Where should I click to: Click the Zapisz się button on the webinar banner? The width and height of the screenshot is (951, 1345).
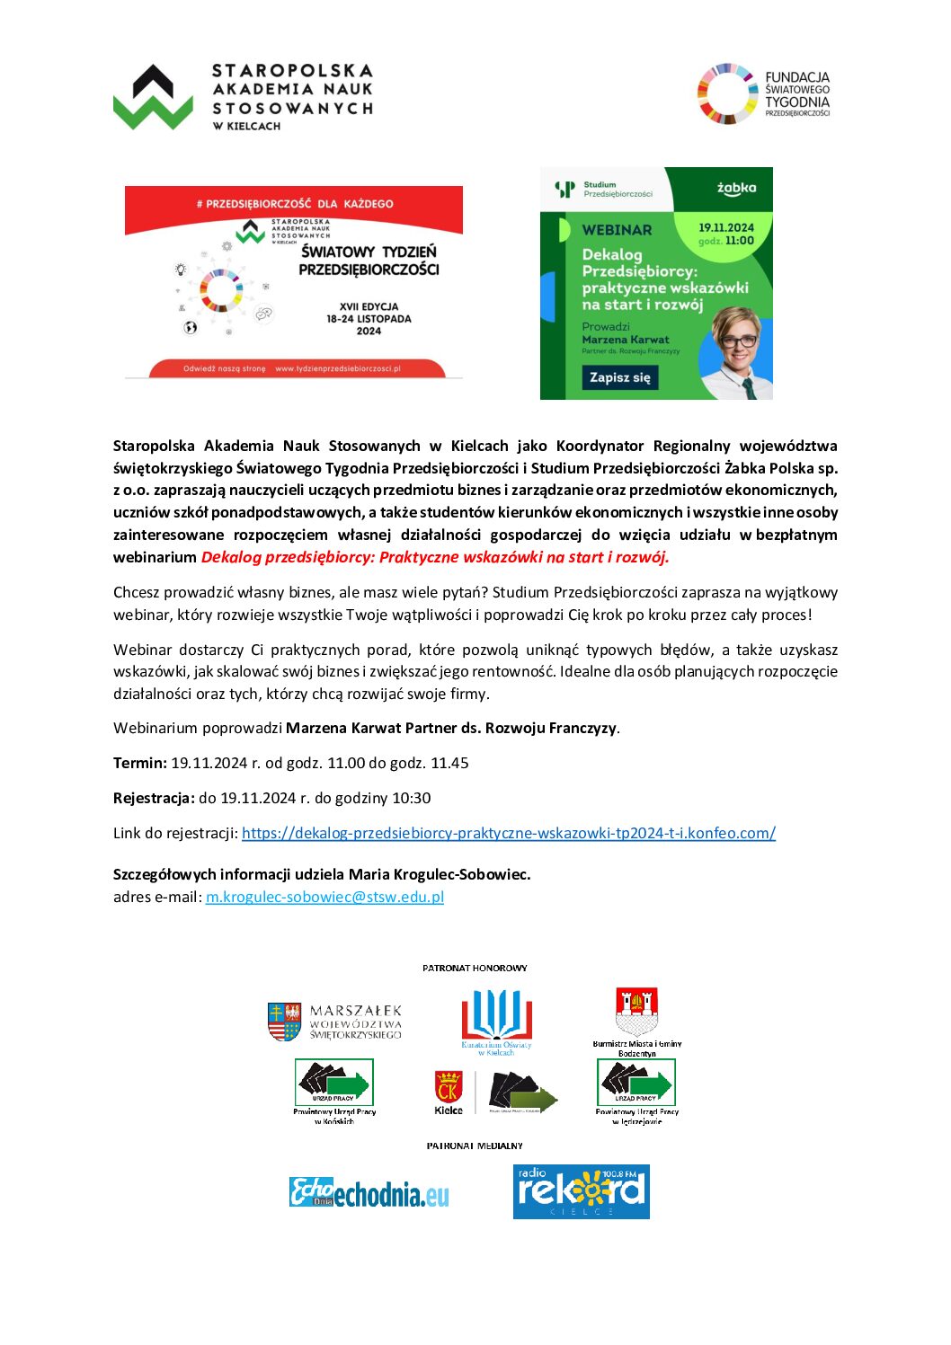[619, 377]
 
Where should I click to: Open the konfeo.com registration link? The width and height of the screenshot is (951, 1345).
[508, 833]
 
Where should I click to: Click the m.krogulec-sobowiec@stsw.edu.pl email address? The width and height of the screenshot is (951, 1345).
[324, 897]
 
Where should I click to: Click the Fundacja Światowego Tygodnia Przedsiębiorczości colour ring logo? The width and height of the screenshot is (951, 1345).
[728, 93]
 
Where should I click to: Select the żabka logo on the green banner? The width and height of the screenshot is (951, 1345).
[735, 188]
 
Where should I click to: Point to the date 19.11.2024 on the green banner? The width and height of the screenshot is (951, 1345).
[725, 227]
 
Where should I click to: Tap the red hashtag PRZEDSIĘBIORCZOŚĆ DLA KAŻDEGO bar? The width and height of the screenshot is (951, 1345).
[294, 203]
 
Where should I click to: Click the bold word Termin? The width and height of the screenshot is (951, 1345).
[140, 763]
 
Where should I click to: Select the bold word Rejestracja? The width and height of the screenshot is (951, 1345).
[154, 798]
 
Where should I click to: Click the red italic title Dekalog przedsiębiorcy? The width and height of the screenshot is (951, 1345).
[435, 557]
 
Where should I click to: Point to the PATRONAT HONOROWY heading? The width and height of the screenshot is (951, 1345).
[475, 968]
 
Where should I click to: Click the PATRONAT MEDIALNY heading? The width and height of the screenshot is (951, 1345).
[475, 1146]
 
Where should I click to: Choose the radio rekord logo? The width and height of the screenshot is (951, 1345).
[581, 1191]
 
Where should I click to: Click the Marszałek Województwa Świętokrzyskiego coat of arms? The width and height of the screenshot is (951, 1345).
[284, 1022]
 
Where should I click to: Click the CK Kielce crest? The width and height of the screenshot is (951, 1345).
[448, 1090]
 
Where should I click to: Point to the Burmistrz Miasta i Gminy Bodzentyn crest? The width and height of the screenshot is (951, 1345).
[636, 1012]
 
